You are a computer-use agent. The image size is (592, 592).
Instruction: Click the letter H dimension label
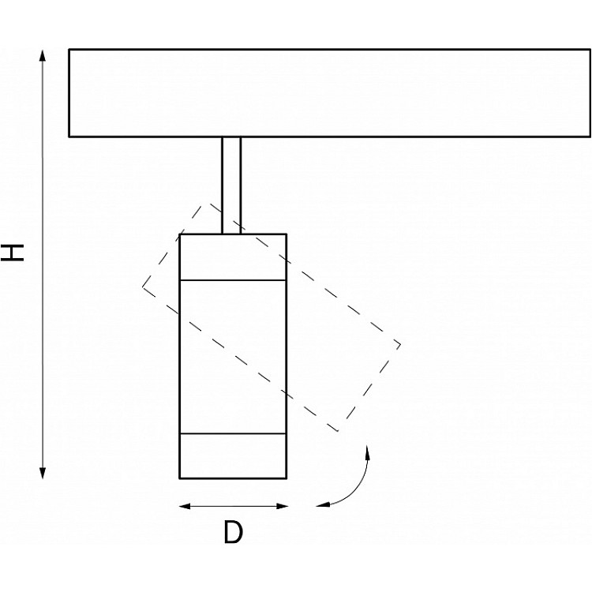(x=13, y=253)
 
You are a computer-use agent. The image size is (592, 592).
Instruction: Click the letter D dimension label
(x=233, y=531)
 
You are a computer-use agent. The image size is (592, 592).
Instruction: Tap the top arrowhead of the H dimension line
(x=43, y=55)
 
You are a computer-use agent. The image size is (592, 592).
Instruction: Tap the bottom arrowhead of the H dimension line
(x=43, y=473)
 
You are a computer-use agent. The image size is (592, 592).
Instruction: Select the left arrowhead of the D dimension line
(x=185, y=506)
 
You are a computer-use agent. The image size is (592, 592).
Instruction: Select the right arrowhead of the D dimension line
(x=282, y=506)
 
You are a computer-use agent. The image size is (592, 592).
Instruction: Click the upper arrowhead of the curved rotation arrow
(x=367, y=451)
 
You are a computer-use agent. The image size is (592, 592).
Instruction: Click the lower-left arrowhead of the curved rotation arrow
(x=323, y=504)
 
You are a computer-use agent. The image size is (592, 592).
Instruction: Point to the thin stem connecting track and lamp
(x=231, y=185)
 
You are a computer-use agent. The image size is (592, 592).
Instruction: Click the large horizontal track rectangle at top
(x=330, y=93)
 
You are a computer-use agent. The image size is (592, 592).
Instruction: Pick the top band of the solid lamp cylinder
(x=233, y=257)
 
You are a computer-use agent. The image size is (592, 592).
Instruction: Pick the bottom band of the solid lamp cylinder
(x=233, y=456)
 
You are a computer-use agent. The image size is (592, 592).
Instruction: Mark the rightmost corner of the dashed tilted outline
(x=400, y=344)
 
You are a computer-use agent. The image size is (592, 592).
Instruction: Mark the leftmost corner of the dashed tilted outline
(x=143, y=287)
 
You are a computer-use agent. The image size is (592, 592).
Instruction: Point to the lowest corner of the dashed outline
(x=339, y=431)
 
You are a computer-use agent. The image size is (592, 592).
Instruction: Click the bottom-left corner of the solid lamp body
(x=180, y=478)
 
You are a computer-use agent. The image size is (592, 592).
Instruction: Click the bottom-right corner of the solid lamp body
(x=287, y=478)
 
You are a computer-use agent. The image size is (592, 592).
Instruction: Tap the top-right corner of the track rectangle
(x=590, y=49)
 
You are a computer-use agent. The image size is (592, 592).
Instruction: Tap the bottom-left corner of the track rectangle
(x=69, y=137)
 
